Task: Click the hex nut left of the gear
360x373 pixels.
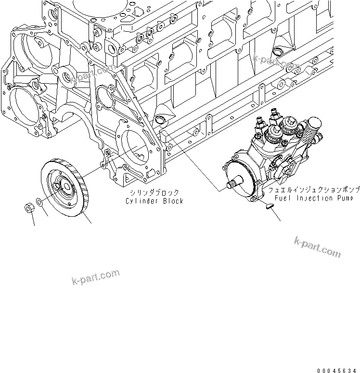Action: [x=29, y=208]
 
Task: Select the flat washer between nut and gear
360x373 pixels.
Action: [x=42, y=205]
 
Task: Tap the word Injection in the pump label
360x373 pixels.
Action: [x=314, y=198]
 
